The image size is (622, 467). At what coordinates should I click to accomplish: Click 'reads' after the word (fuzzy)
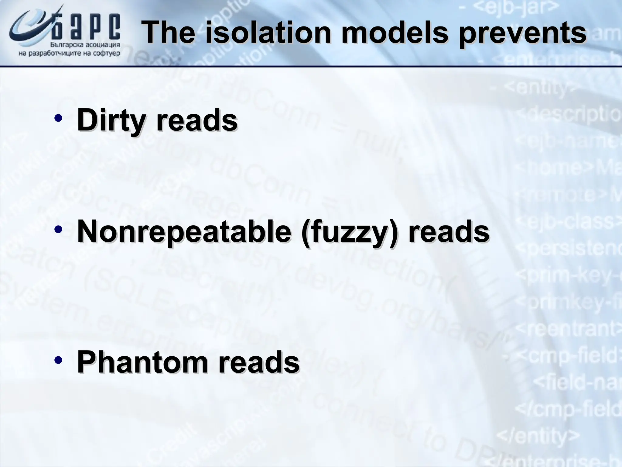pos(449,232)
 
